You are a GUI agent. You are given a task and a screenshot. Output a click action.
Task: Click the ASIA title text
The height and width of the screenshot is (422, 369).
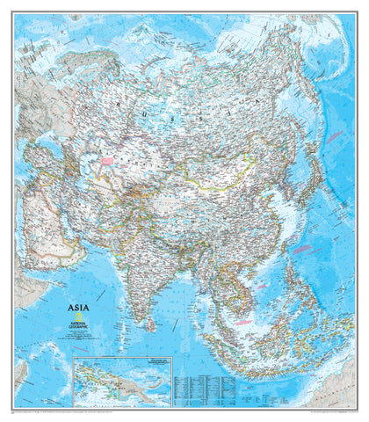[79, 308]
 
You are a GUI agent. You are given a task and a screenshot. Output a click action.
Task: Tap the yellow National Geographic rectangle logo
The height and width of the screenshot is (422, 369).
[76, 318]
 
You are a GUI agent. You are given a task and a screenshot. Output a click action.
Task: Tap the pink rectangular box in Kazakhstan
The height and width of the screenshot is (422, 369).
[109, 162]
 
